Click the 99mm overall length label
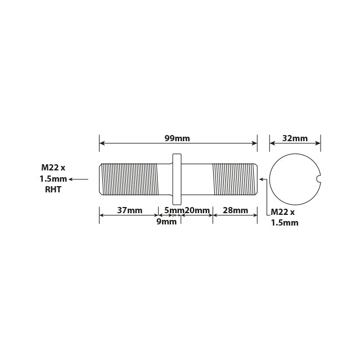pyautogui.click(x=177, y=138)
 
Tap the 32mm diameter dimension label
pyautogui.click(x=295, y=138)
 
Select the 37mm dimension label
pyautogui.click(x=130, y=210)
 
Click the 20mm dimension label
pyautogui.click(x=197, y=210)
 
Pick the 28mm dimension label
pyautogui.click(x=235, y=210)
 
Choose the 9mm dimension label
pyautogui.click(x=166, y=222)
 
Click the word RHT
pyautogui.click(x=53, y=190)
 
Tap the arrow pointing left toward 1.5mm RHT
pyautogui.click(x=78, y=179)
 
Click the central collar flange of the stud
pyautogui.click(x=177, y=179)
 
